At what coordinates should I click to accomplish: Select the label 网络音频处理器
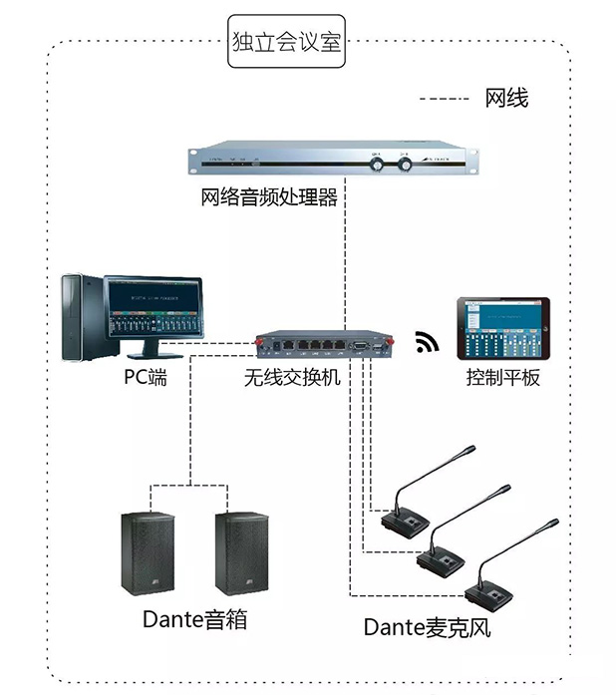270,197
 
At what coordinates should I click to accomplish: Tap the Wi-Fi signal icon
427,343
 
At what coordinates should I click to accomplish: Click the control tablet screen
502,327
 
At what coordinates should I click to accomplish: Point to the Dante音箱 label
194,619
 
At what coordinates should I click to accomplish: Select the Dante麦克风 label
427,627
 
